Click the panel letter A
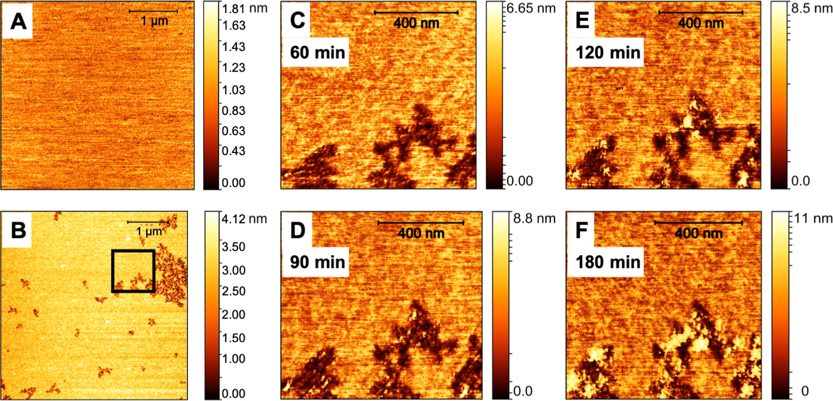pyautogui.click(x=18, y=22)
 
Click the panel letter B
pyautogui.click(x=18, y=230)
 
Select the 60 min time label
pyautogui.click(x=317, y=52)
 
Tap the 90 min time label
pyautogui.click(x=317, y=262)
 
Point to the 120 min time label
pyautogui.click(x=607, y=52)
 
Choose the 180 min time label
pyautogui.click(x=607, y=262)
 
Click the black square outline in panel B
pyautogui.click(x=133, y=251)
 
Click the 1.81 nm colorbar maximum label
pyautogui.click(x=244, y=8)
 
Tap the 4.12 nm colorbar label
pyautogui.click(x=244, y=219)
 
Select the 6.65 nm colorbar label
pyautogui.click(x=531, y=8)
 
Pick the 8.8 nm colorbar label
pyautogui.click(x=534, y=219)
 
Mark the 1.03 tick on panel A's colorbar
pyautogui.click(x=233, y=90)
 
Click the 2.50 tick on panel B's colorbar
pyautogui.click(x=233, y=291)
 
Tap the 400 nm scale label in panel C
pyautogui.click(x=416, y=23)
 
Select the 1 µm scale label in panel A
pyautogui.click(x=154, y=21)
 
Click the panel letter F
pyautogui.click(x=581, y=230)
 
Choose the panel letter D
pyautogui.click(x=297, y=230)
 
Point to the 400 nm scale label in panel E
pyautogui.click(x=700, y=23)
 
